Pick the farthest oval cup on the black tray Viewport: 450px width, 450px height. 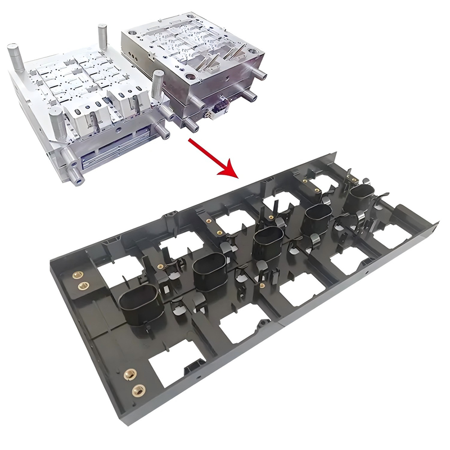pos(363,197)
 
